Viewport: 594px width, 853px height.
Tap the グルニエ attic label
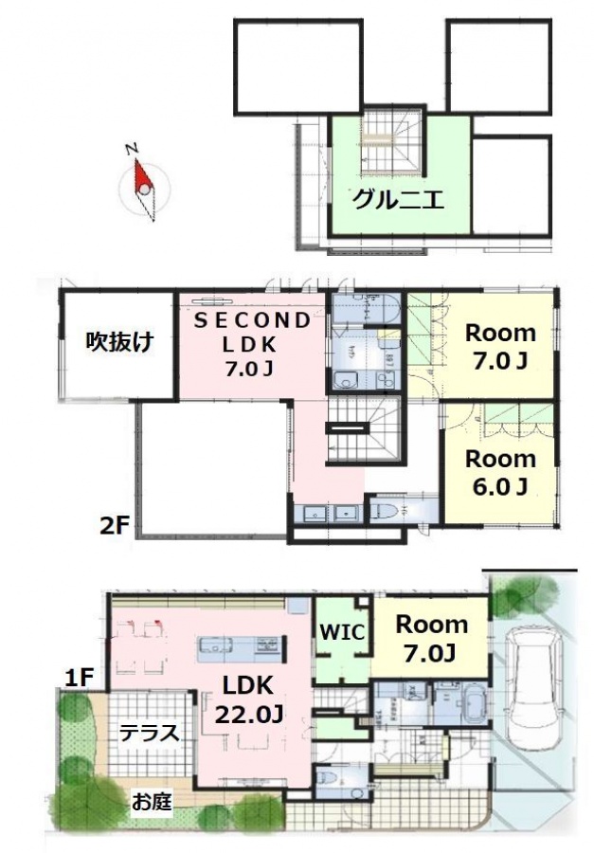tap(399, 200)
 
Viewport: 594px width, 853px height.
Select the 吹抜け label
tap(119, 342)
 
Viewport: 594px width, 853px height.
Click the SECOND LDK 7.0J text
tap(252, 344)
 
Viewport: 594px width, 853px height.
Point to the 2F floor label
tap(114, 525)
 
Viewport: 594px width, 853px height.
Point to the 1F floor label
tap(80, 679)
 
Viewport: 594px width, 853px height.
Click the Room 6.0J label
tap(500, 472)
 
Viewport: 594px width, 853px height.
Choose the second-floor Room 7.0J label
tap(500, 346)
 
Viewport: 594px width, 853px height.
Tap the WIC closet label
tap(342, 632)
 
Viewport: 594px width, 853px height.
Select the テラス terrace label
tap(149, 733)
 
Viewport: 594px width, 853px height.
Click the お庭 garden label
tap(152, 802)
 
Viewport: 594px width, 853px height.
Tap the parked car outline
tap(532, 683)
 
